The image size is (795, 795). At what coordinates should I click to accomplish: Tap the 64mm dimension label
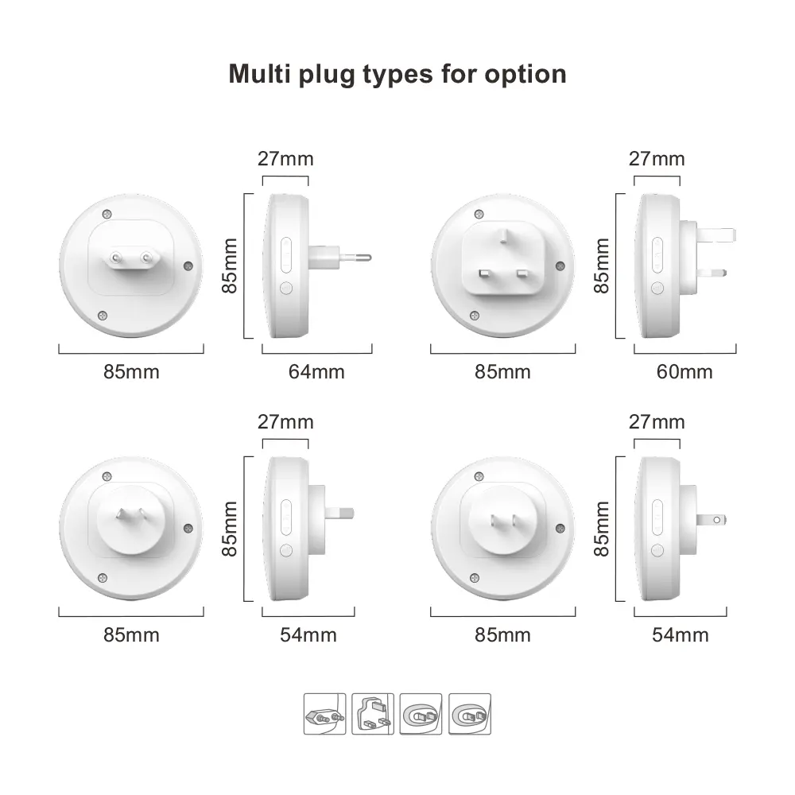[x=316, y=371]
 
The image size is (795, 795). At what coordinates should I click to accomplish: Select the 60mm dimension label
[x=684, y=371]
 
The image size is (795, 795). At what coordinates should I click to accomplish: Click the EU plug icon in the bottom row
[x=324, y=714]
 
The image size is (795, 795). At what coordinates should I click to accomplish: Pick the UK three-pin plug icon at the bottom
[x=373, y=714]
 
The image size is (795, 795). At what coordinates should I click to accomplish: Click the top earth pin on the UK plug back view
[x=503, y=236]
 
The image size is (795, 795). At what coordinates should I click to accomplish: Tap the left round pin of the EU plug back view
[x=116, y=257]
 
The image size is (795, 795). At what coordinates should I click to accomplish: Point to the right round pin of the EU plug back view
[x=146, y=257]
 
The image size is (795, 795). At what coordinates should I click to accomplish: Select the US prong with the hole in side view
[x=712, y=520]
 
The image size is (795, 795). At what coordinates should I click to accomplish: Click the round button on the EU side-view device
[x=286, y=288]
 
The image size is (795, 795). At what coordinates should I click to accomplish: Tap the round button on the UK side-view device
[x=657, y=288]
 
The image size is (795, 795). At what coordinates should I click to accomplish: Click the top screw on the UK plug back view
[x=479, y=214]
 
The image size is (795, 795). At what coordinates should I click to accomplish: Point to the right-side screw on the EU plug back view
[x=188, y=266]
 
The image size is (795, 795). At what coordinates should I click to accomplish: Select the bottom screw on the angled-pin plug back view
[x=102, y=578]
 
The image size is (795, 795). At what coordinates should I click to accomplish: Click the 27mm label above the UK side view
[x=657, y=159]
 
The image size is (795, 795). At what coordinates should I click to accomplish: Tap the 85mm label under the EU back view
[x=131, y=371]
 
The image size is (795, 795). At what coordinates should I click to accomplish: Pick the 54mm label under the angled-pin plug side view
[x=308, y=634]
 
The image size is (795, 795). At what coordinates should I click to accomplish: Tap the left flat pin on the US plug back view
[x=493, y=520]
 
